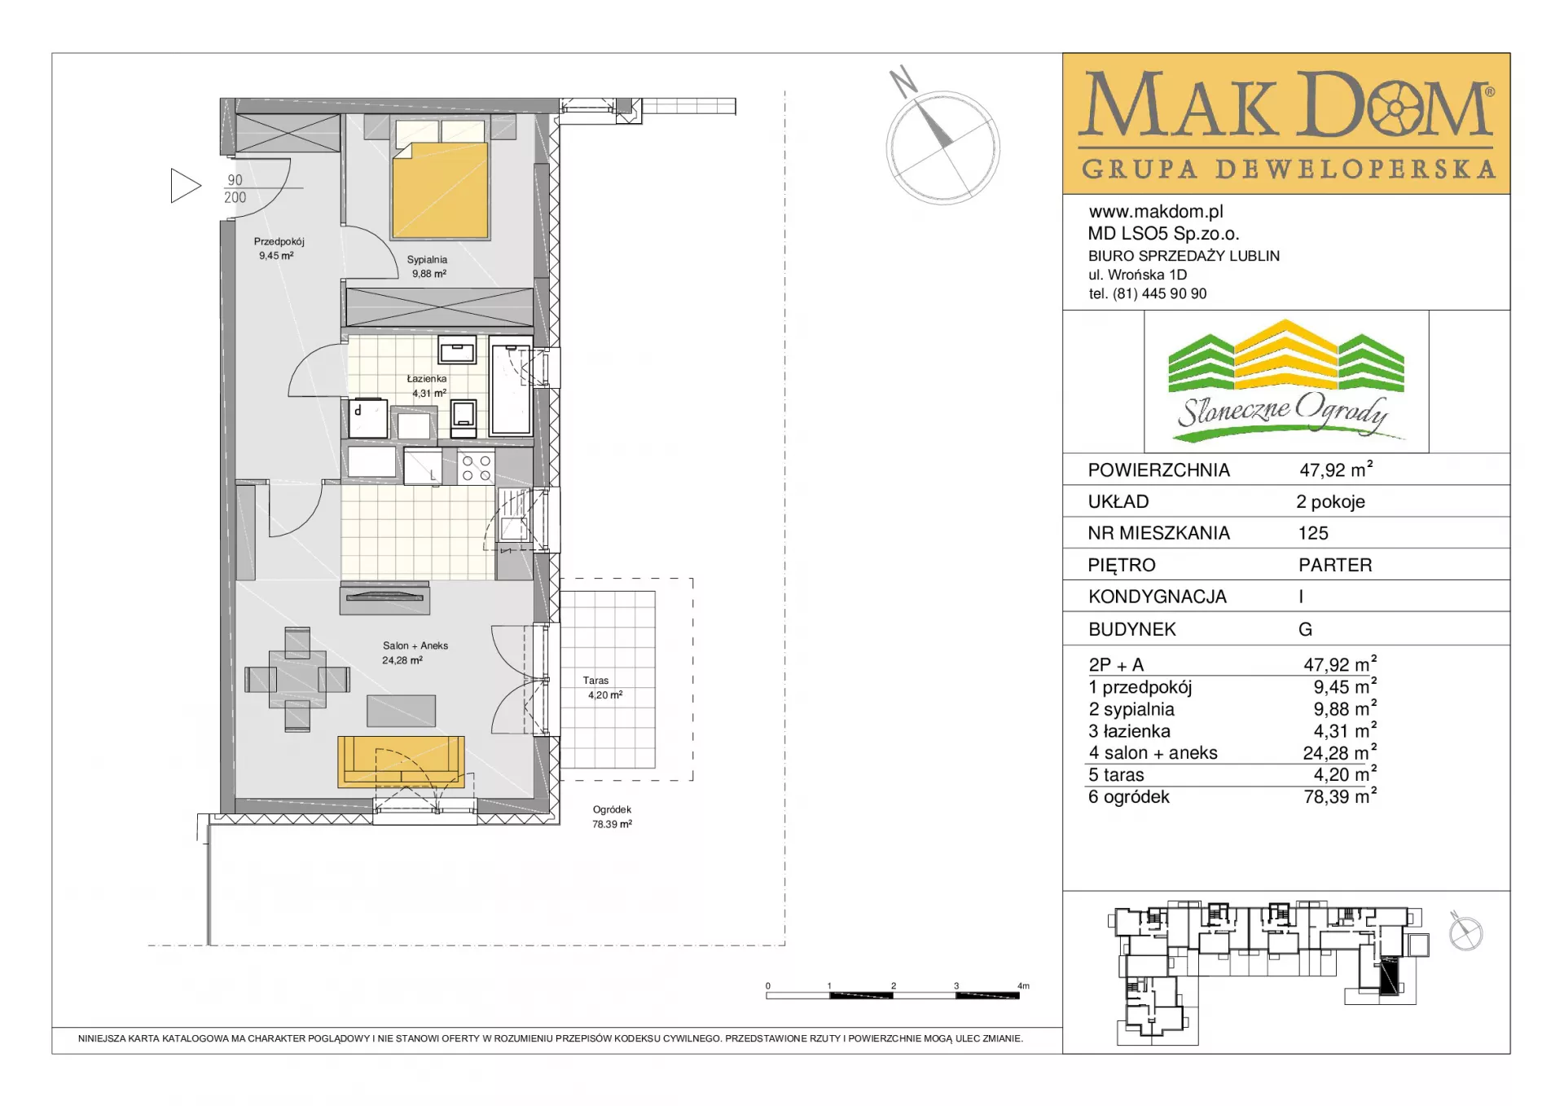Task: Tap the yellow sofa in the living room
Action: [401, 761]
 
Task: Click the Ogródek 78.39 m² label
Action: [612, 817]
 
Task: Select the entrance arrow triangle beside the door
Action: [186, 186]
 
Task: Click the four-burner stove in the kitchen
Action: [476, 467]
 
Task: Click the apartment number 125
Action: [1313, 533]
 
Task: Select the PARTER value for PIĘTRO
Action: [1335, 565]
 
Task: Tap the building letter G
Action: [1305, 629]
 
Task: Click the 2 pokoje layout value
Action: [1330, 501]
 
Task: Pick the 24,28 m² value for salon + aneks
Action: [1339, 752]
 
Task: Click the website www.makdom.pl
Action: [1156, 212]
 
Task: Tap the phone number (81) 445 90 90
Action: [1160, 293]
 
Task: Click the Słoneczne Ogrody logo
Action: [1286, 381]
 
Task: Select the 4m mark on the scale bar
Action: [1023, 986]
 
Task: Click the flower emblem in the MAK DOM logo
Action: [1395, 108]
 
